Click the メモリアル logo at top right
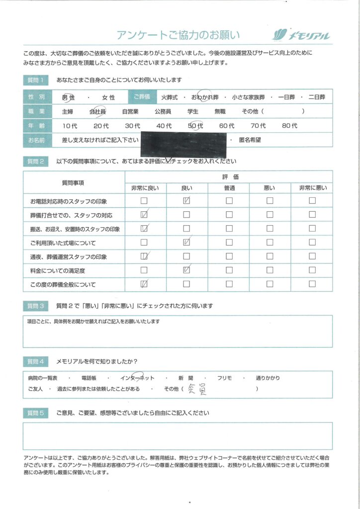pos(301,35)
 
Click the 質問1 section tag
pos(36,80)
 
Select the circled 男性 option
pos(68,98)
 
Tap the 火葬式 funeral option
pos(170,98)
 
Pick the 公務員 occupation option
pos(163,112)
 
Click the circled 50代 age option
pos(195,126)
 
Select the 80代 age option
pos(289,126)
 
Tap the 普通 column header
pos(229,188)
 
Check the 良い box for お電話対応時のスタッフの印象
pos(186,201)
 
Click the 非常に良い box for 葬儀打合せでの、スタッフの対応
pos(144,215)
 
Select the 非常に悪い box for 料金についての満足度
pos(312,270)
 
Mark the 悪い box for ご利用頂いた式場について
pos(270,243)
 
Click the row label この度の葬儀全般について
pos(63,285)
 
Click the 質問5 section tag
pos(36,413)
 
